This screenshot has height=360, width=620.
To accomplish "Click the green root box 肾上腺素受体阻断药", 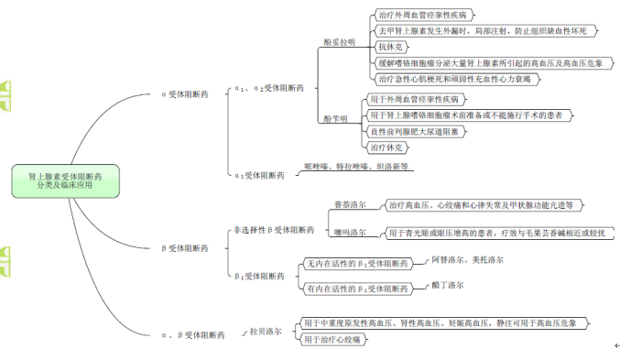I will (64, 180).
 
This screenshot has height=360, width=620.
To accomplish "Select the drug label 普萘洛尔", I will (349, 206).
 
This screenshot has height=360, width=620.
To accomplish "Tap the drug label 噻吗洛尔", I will (349, 233).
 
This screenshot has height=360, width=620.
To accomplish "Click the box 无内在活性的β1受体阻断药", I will (356, 264).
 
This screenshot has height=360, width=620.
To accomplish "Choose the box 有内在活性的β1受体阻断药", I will (356, 289).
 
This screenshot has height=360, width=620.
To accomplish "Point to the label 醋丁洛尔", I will (448, 286).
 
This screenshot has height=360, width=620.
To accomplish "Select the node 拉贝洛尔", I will (265, 331).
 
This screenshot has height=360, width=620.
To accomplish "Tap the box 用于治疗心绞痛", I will (334, 340).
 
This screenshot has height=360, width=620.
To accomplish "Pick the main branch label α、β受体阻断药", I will (190, 336).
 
